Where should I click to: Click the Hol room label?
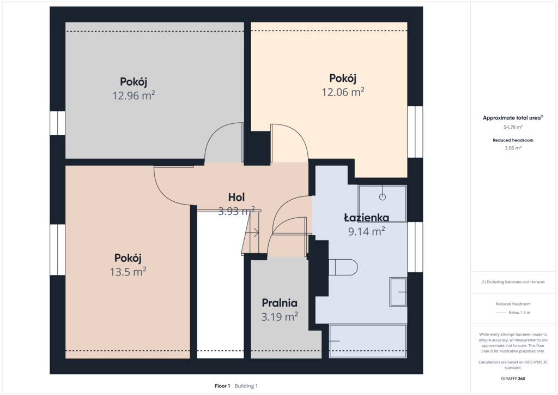(236, 197)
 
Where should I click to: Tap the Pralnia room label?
(280, 303)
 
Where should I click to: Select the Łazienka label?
(366, 217)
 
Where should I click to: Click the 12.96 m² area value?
(134, 95)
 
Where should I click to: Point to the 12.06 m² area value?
(343, 92)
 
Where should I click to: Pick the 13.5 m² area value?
(128, 272)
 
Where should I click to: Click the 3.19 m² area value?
(280, 316)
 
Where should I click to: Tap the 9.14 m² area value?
(366, 231)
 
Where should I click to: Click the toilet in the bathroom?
(343, 267)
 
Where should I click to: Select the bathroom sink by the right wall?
(398, 292)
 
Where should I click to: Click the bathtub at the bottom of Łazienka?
(368, 341)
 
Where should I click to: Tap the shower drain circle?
(383, 196)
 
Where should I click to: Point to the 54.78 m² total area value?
(513, 127)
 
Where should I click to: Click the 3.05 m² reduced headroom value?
(513, 148)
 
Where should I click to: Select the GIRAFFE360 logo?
(513, 379)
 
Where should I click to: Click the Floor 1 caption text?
(222, 386)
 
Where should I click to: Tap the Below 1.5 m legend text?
(519, 313)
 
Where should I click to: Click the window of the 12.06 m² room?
(415, 132)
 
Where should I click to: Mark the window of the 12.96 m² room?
(57, 123)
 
